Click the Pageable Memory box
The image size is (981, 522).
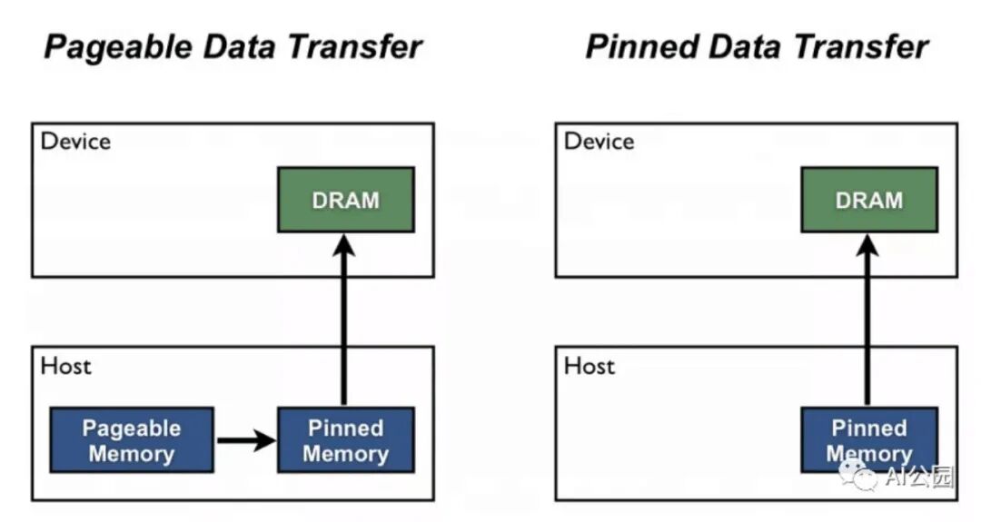pyautogui.click(x=132, y=440)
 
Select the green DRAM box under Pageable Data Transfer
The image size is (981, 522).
pyautogui.click(x=345, y=200)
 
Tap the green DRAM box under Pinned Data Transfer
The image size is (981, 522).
pyautogui.click(x=869, y=200)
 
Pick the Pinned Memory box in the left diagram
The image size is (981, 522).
pyautogui.click(x=345, y=440)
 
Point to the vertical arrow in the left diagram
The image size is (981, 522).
pyautogui.click(x=343, y=327)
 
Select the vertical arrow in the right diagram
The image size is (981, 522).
pyautogui.click(x=867, y=327)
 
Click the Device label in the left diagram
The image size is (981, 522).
pyautogui.click(x=76, y=142)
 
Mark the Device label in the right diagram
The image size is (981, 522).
pyautogui.click(x=599, y=142)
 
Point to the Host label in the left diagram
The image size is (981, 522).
pyautogui.click(x=66, y=367)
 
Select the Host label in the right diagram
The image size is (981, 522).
pyautogui.click(x=590, y=367)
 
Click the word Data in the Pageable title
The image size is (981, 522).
pyautogui.click(x=238, y=47)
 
